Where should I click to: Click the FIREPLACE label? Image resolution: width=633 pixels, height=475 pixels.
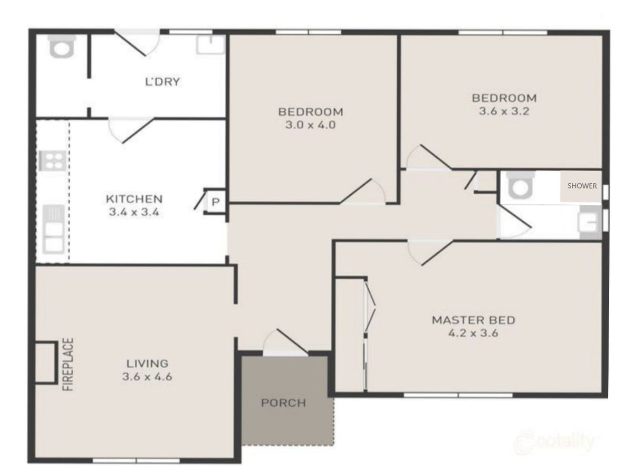[x=69, y=364]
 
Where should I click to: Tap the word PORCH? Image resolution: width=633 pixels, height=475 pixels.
[x=283, y=403]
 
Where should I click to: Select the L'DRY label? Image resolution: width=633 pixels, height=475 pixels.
[x=162, y=82]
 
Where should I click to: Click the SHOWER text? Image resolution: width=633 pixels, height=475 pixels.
[x=582, y=186]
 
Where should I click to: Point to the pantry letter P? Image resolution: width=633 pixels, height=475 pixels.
[x=215, y=202]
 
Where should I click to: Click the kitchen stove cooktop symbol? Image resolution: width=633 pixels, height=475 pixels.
[x=52, y=160]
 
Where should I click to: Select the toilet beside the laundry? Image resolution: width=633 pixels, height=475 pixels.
[x=62, y=46]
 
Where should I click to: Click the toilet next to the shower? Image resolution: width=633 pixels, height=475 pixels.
[x=521, y=185]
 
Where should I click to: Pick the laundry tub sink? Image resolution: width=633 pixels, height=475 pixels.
[x=210, y=45]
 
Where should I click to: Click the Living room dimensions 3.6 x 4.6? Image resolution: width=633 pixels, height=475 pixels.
[x=147, y=377]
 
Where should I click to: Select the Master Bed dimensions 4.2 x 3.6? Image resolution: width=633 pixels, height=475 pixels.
[x=473, y=333]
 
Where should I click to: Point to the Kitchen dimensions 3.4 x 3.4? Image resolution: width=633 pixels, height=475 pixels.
[x=134, y=212]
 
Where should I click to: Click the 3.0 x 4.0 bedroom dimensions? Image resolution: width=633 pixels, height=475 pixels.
[x=311, y=125]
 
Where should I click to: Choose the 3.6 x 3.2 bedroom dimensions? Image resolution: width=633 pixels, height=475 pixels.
[x=504, y=111]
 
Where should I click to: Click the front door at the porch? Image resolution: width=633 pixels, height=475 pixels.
[x=285, y=343]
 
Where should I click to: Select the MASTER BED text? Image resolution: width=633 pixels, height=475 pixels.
[x=473, y=320]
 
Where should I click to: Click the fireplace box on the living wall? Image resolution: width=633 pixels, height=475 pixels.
[x=46, y=363]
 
